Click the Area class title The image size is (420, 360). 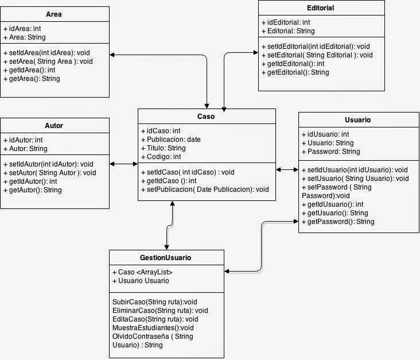(x=53, y=14)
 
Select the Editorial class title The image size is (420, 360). (x=320, y=8)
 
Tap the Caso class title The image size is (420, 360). (x=205, y=116)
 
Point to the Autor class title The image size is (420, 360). (x=53, y=125)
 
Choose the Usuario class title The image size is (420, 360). (x=357, y=120)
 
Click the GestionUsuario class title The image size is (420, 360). (x=165, y=258)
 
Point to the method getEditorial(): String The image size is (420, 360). (x=295, y=72)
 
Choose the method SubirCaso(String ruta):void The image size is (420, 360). (x=155, y=301)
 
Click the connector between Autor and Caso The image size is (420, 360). (x=123, y=164)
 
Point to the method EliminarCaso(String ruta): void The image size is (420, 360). (x=160, y=310)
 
